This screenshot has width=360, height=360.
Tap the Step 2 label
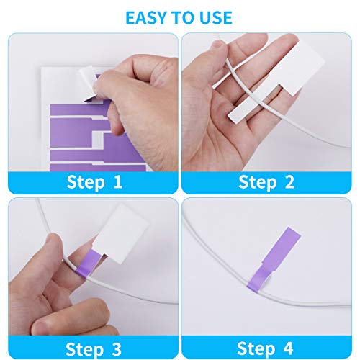[x=266, y=181]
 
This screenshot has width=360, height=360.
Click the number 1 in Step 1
[x=118, y=181]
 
